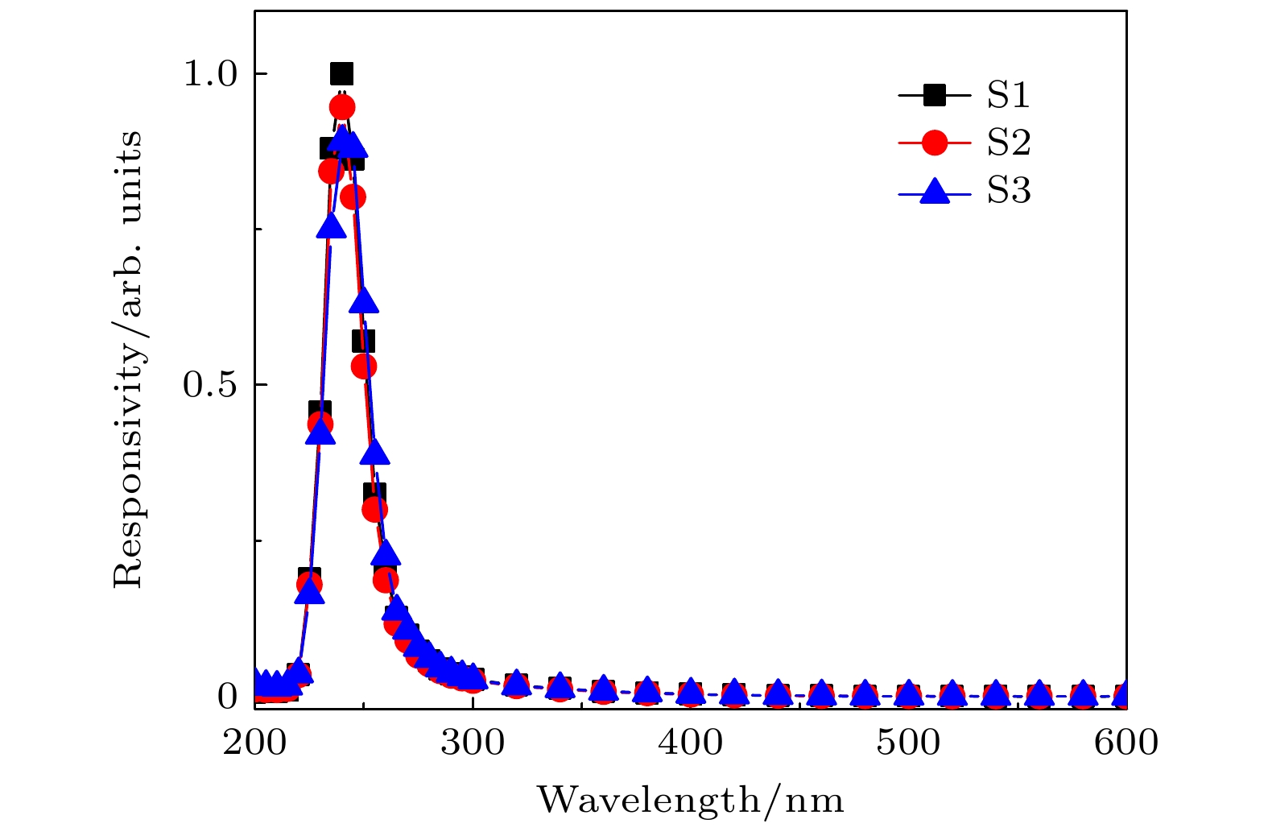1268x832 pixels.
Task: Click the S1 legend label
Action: (x=1009, y=96)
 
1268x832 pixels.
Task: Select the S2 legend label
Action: (x=1009, y=143)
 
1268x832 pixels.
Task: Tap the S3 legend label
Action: (x=1009, y=192)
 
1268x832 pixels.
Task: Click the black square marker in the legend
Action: (x=934, y=96)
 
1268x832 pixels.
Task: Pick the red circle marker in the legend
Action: (x=934, y=143)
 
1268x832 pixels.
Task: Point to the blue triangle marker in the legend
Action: (x=934, y=191)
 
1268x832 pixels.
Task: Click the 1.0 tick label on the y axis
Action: (x=210, y=74)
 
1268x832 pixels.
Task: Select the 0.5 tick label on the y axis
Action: (x=210, y=385)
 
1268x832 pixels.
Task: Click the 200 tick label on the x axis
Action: (x=255, y=743)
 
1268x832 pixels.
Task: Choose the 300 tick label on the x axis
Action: (x=473, y=743)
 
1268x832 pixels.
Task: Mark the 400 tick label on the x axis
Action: (x=691, y=743)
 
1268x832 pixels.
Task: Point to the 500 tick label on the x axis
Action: (x=908, y=743)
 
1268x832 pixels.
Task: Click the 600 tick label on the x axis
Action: (x=1126, y=743)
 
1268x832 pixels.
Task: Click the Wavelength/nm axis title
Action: (x=691, y=801)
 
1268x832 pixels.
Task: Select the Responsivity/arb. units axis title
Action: (x=128, y=359)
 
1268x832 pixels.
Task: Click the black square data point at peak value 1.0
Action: (x=341, y=74)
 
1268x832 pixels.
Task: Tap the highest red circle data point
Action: (x=341, y=106)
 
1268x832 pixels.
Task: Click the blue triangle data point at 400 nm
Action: (x=691, y=690)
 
